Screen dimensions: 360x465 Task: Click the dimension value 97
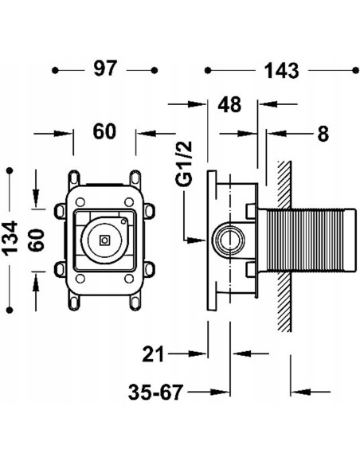click(105, 68)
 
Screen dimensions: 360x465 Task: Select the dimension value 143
click(281, 71)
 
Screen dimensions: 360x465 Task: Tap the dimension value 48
click(229, 104)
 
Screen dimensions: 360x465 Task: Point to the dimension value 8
click(323, 134)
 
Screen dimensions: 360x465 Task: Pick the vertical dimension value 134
click(11, 238)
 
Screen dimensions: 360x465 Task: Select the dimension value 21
click(153, 354)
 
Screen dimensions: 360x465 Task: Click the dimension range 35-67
click(156, 392)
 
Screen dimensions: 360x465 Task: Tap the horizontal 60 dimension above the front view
click(104, 131)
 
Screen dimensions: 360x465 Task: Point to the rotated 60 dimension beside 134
click(38, 240)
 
